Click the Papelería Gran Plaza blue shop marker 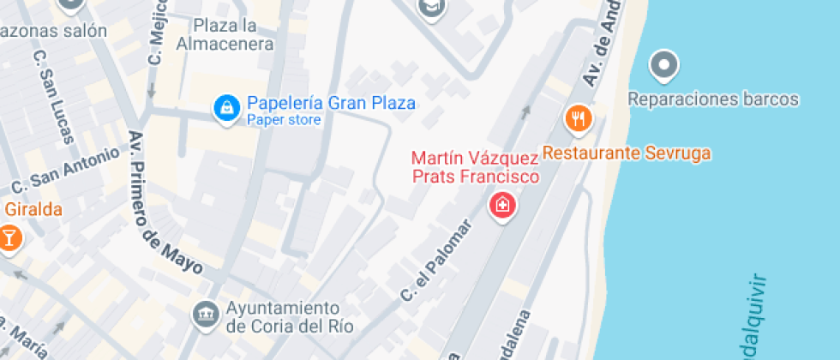pyautogui.click(x=226, y=109)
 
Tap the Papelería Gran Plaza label pyautogui.click(x=331, y=103)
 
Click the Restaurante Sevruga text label pyautogui.click(x=627, y=154)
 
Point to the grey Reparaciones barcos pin pyautogui.click(x=663, y=64)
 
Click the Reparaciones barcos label pyautogui.click(x=713, y=99)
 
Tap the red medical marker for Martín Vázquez pyautogui.click(x=502, y=205)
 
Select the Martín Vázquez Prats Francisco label pyautogui.click(x=475, y=168)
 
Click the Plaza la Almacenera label pyautogui.click(x=225, y=34)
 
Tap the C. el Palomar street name pyautogui.click(x=437, y=261)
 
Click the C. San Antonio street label pyautogui.click(x=65, y=171)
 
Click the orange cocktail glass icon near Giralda pyautogui.click(x=9, y=237)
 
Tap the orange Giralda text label pyautogui.click(x=33, y=209)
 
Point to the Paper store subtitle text pyautogui.click(x=284, y=120)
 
